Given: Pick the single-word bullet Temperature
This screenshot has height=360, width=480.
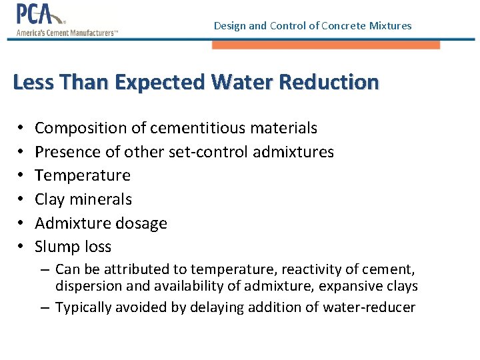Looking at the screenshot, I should [x=83, y=175].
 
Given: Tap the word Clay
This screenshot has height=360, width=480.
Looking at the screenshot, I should [x=50, y=199].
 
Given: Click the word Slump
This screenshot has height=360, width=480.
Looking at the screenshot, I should [x=55, y=247].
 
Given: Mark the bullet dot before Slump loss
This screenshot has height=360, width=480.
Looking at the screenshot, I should [x=21, y=247].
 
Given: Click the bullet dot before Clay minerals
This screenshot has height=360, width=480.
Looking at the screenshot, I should [x=21, y=199].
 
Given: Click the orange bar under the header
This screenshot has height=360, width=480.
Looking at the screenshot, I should [x=326, y=45].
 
